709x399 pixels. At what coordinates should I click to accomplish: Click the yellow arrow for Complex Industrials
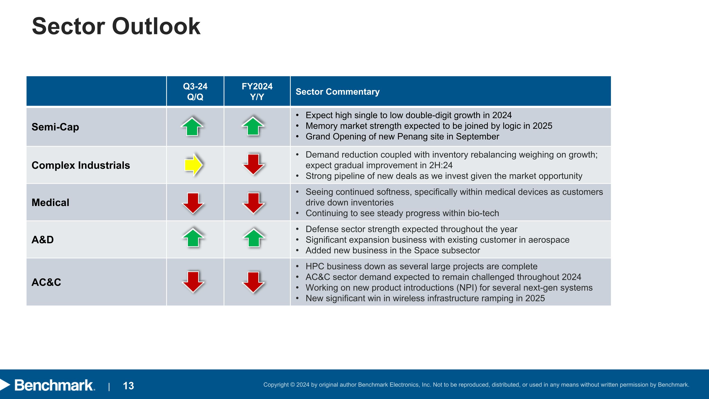194,165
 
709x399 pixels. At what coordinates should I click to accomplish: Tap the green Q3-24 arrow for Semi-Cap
192,127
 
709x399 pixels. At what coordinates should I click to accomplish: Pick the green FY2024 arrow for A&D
254,238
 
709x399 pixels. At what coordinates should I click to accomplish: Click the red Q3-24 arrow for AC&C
193,282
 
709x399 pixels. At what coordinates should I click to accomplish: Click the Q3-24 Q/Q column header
195,92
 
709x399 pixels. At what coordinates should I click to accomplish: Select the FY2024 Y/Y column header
257,92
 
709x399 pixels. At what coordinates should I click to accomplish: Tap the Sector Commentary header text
337,92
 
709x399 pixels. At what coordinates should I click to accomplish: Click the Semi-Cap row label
55,127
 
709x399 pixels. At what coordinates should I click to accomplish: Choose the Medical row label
50,203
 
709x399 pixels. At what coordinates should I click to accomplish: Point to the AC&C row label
46,282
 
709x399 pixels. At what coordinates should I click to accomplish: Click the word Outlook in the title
156,26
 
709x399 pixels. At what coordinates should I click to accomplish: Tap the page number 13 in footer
128,386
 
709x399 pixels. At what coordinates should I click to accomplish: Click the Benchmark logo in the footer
54,385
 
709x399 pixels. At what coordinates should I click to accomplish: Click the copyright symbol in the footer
292,385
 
